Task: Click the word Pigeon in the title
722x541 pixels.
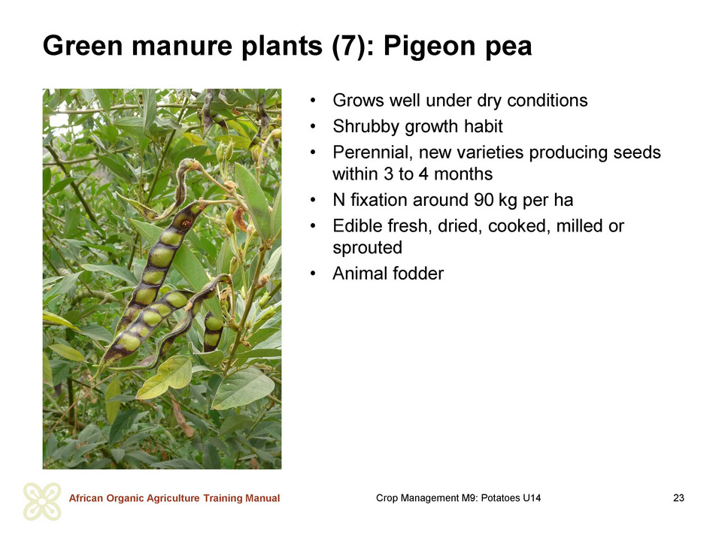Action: (x=429, y=47)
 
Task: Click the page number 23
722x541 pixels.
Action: (x=678, y=497)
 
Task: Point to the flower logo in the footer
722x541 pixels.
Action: (x=42, y=501)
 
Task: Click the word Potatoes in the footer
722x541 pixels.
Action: (x=500, y=497)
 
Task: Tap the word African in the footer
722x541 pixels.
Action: (x=86, y=498)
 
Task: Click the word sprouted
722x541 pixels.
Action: (x=368, y=248)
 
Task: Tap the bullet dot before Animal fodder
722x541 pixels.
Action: (x=313, y=274)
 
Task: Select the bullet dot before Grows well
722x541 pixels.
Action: (x=313, y=100)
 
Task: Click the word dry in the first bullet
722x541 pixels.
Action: (x=490, y=101)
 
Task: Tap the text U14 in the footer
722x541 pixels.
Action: (x=532, y=497)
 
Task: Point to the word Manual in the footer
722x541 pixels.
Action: (x=262, y=498)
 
